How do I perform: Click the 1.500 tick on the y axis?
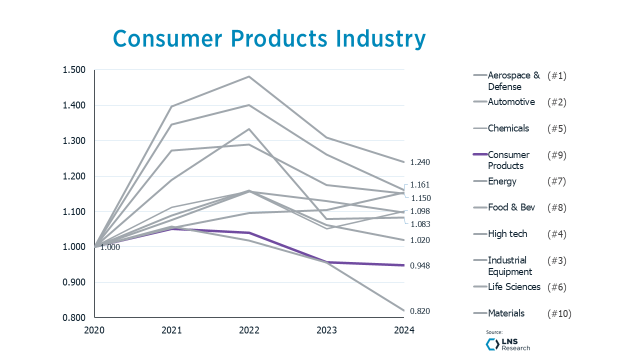click(x=74, y=70)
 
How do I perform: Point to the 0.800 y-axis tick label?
click(x=74, y=317)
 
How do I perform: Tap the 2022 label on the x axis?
click(x=249, y=330)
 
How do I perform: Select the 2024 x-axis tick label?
click(x=404, y=330)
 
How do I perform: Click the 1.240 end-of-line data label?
click(x=420, y=162)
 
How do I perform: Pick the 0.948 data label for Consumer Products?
click(x=420, y=266)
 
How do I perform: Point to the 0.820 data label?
click(x=420, y=311)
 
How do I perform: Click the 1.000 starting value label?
click(x=110, y=247)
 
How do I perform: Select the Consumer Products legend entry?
click(x=508, y=160)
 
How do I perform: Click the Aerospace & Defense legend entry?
click(x=513, y=81)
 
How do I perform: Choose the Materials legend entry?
click(x=506, y=313)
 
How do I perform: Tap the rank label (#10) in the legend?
click(x=559, y=314)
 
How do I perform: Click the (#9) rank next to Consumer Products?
click(x=556, y=155)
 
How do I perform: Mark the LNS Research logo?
click(x=508, y=344)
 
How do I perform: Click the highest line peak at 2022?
click(x=249, y=76)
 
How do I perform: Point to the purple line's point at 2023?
click(x=326, y=262)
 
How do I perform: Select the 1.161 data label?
click(x=420, y=185)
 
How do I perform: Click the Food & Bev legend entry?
click(x=511, y=207)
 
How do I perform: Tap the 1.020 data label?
click(x=420, y=240)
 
